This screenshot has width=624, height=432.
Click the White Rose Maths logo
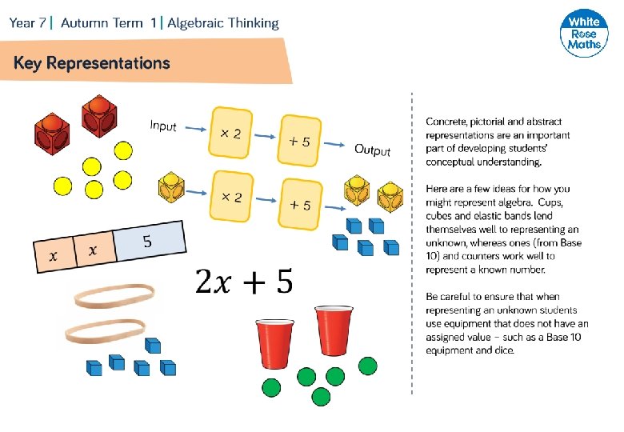click(583, 34)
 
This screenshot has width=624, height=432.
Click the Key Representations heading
click(92, 63)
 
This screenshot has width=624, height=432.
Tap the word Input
click(163, 126)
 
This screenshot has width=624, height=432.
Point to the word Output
click(373, 150)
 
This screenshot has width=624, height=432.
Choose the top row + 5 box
click(300, 142)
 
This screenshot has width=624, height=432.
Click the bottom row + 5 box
click(300, 205)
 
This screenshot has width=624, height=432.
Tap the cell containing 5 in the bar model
click(147, 243)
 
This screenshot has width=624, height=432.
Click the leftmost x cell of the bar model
click(54, 255)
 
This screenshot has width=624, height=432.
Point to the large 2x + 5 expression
click(243, 282)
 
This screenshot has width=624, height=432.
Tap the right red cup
click(332, 332)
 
